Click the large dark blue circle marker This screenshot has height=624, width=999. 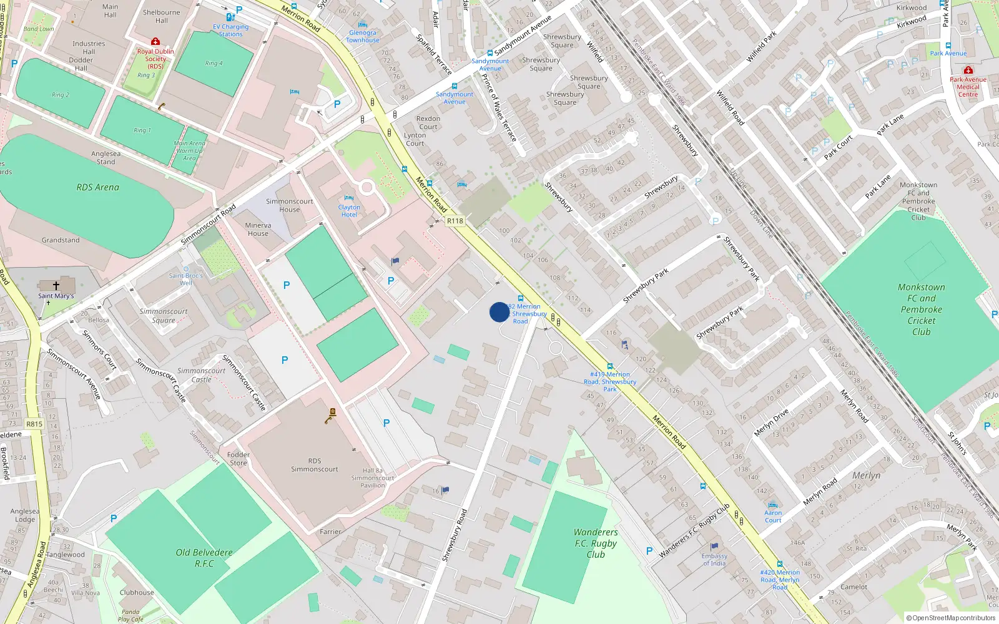499,312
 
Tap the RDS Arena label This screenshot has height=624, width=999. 97,187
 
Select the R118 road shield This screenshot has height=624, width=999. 455,221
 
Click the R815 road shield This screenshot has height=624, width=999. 34,424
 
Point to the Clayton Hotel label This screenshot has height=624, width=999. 349,211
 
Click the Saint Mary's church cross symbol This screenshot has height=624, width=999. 56,286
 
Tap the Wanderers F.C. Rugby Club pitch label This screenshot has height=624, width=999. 596,543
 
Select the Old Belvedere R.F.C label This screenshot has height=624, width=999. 204,558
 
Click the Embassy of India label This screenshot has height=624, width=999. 714,560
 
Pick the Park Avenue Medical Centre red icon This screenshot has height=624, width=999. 968,70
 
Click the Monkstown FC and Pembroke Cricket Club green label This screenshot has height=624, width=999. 921,310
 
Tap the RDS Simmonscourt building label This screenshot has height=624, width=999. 314,465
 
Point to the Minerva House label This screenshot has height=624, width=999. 258,230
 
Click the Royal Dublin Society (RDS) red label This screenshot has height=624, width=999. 155,59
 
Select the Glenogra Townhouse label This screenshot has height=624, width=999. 363,36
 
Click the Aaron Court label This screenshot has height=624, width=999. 773,517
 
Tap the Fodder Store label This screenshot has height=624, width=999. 238,459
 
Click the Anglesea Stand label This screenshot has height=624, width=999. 106,158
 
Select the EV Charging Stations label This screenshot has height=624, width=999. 230,31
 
